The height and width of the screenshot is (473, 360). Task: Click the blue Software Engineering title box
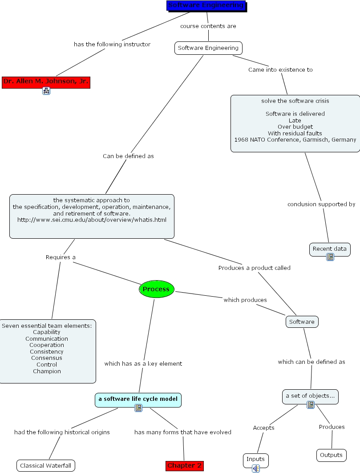pyautogui.click(x=206, y=6)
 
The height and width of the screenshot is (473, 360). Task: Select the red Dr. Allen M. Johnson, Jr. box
pyautogui.click(x=46, y=82)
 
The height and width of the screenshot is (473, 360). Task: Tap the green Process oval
pyautogui.click(x=156, y=290)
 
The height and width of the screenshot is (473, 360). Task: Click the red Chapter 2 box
pyautogui.click(x=185, y=465)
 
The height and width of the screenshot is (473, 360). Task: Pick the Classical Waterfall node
pyautogui.click(x=46, y=465)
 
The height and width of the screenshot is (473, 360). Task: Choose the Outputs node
pyautogui.click(x=332, y=455)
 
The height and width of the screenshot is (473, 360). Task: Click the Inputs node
pyautogui.click(x=255, y=459)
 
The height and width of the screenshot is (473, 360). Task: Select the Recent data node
pyautogui.click(x=329, y=249)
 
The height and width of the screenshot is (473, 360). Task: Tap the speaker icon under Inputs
pyautogui.click(x=256, y=468)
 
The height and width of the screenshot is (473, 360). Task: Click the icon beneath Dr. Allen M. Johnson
pyautogui.click(x=46, y=91)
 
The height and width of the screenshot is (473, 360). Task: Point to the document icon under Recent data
pyautogui.click(x=330, y=257)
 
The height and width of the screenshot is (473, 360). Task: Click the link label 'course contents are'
pyautogui.click(x=208, y=26)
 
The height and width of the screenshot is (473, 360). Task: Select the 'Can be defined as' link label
pyautogui.click(x=128, y=156)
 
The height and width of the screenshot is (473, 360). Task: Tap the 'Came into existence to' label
pyautogui.click(x=280, y=70)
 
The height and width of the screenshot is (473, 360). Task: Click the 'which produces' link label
pyautogui.click(x=245, y=300)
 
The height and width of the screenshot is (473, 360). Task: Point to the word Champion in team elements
pyautogui.click(x=47, y=371)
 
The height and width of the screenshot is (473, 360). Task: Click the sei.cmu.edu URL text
pyautogui.click(x=92, y=220)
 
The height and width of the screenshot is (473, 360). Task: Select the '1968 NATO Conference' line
pyautogui.click(x=295, y=140)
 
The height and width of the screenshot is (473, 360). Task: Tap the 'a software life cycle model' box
pyautogui.click(x=138, y=399)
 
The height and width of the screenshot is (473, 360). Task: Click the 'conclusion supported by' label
pyautogui.click(x=321, y=204)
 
